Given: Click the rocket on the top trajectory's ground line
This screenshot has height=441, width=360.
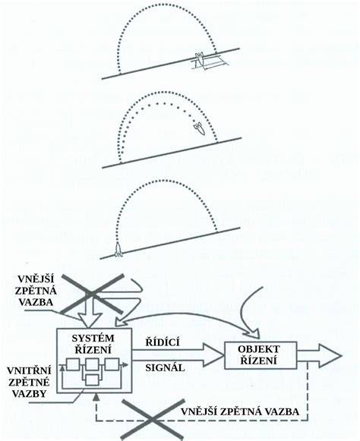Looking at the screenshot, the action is click(x=199, y=60).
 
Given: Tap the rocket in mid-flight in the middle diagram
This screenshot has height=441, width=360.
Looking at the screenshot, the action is click(x=199, y=129).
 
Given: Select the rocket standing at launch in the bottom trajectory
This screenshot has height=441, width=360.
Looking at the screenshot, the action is click(x=118, y=250).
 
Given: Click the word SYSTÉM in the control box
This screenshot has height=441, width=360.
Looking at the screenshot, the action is click(x=93, y=338).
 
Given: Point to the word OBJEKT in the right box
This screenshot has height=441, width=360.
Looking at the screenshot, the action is click(x=259, y=349).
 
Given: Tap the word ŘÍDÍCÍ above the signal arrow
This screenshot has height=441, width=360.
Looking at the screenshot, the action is click(x=163, y=342).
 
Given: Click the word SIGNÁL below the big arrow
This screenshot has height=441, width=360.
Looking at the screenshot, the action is click(x=165, y=367).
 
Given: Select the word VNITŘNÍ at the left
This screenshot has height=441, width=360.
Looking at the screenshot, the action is click(x=30, y=371).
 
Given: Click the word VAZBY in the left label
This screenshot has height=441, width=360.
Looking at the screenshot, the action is click(x=30, y=393).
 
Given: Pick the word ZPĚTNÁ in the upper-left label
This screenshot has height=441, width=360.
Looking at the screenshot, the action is click(x=35, y=291).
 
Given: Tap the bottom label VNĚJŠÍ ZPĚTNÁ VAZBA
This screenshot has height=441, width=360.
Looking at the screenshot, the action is click(x=240, y=411).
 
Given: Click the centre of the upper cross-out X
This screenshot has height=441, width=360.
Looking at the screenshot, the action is click(x=91, y=293).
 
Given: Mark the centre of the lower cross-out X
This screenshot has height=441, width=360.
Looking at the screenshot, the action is click(x=153, y=419).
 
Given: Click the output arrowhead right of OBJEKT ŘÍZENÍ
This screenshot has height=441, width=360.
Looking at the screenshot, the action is click(x=330, y=355).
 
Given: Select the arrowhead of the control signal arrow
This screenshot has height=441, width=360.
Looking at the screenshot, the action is click(x=213, y=355).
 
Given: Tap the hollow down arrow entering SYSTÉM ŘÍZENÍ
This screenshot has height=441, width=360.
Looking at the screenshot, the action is click(x=90, y=318).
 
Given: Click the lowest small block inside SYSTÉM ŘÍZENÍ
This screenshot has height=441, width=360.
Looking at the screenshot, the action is click(x=92, y=380).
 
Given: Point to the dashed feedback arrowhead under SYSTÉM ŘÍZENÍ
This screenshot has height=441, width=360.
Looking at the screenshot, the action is click(x=96, y=396).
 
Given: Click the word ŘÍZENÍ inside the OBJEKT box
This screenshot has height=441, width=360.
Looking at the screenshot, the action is click(x=259, y=361).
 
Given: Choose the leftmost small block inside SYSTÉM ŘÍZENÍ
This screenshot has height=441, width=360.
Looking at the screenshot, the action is click(x=72, y=365).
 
